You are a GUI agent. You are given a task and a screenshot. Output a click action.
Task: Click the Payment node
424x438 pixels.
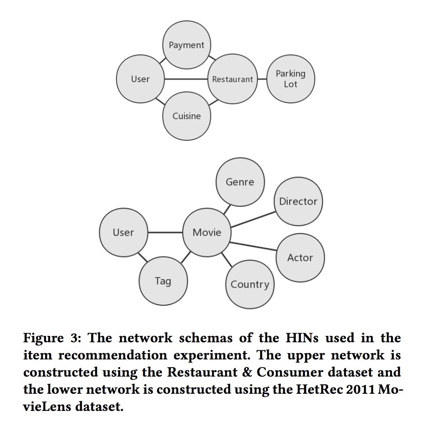click(186, 45)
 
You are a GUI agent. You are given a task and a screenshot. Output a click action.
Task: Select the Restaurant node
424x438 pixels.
click(232, 79)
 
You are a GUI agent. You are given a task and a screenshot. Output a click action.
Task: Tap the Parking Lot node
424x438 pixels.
click(290, 79)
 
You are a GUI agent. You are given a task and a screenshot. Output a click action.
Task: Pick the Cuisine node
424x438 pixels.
click(186, 116)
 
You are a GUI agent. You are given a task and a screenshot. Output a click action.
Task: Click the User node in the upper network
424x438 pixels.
click(140, 79)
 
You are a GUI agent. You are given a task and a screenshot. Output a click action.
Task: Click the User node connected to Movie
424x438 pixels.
click(123, 232)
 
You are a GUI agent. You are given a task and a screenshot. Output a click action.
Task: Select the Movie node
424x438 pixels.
click(207, 232)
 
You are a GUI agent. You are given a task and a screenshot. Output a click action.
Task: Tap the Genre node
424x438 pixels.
click(240, 182)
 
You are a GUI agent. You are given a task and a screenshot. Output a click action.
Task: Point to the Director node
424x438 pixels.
click(298, 201)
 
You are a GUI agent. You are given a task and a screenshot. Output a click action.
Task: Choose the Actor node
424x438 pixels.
click(300, 257)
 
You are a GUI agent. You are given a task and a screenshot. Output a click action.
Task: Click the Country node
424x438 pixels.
click(249, 284)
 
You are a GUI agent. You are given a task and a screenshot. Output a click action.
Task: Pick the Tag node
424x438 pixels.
click(163, 281)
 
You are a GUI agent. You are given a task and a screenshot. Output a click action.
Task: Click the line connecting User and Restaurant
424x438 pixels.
click(186, 79)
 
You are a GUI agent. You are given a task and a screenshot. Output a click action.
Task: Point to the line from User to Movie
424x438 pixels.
click(165, 232)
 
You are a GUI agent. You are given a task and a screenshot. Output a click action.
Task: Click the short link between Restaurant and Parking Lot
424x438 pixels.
click(262, 79)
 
